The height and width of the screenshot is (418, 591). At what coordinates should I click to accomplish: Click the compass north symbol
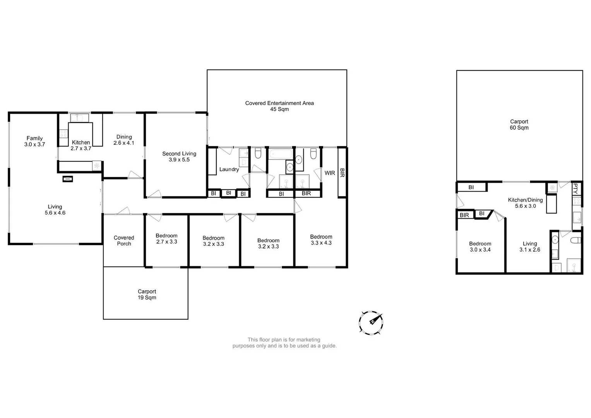371,322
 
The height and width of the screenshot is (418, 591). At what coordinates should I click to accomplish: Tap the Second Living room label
179,156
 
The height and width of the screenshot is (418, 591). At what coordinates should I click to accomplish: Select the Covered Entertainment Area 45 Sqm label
279,106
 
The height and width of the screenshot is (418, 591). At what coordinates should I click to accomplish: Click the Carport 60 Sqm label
519,125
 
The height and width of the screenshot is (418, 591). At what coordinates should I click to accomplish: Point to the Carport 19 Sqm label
147,295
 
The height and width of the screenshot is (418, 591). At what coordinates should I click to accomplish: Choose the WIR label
330,173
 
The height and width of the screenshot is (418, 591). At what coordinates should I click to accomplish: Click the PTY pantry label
576,188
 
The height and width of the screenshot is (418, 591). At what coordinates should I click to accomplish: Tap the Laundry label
229,169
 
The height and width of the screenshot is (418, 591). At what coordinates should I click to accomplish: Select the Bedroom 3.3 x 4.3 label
321,240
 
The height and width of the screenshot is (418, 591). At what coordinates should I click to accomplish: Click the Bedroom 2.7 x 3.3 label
166,238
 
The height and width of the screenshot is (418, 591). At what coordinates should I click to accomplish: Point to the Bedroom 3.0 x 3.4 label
480,247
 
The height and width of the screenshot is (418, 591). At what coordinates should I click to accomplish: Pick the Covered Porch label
124,241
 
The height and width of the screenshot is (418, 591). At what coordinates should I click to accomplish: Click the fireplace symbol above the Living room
68,179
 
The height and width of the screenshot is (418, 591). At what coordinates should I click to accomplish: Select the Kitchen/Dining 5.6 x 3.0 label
525,203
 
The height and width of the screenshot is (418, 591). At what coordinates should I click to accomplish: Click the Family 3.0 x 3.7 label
34,141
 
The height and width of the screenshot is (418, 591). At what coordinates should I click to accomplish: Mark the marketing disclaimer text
284,343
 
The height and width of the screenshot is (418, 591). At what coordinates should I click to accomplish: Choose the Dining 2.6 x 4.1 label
124,140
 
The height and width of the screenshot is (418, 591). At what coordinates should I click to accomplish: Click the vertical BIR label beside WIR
342,173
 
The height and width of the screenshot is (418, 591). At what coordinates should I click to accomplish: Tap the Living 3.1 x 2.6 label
530,247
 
